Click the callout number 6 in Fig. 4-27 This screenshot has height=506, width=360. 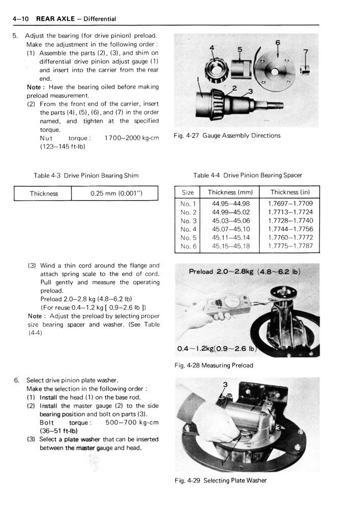click(x=278, y=42)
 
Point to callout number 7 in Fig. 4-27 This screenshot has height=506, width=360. click(x=305, y=52)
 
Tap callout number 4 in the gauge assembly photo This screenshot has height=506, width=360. click(x=213, y=49)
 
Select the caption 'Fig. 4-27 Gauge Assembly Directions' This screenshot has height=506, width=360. click(x=227, y=136)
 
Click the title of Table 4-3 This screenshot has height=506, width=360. click(x=86, y=176)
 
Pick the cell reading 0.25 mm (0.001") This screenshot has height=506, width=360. click(x=116, y=194)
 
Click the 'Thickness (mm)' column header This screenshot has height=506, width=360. click(x=230, y=193)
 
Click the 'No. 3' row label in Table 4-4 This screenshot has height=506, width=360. click(x=188, y=221)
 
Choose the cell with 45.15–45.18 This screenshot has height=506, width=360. click(x=230, y=246)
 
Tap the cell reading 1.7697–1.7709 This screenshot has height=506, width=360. click(x=290, y=204)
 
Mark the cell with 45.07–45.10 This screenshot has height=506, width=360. click(x=230, y=230)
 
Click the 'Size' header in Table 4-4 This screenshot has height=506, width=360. click(x=188, y=193)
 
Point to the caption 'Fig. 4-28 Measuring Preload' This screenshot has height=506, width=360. click(x=214, y=365)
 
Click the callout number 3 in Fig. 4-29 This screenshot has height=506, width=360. click(x=224, y=385)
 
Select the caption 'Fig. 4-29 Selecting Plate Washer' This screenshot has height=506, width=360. click(x=220, y=481)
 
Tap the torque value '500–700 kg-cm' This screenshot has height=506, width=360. click(x=132, y=423)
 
